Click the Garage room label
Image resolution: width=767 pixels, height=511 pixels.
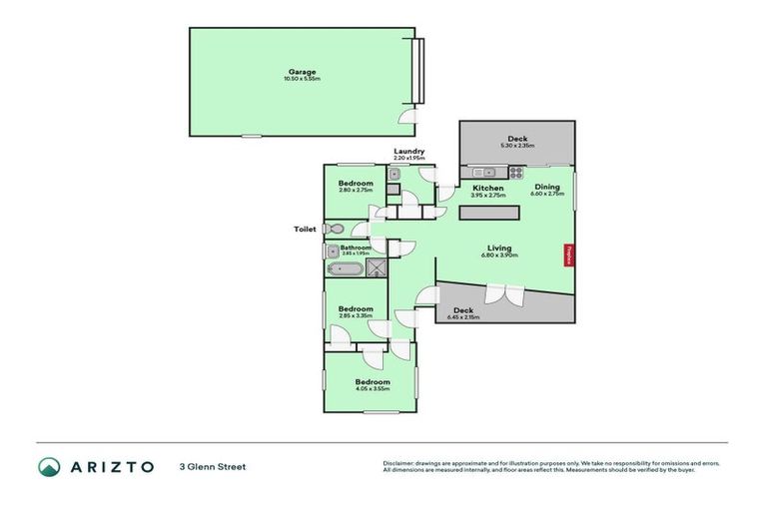click(x=303, y=72)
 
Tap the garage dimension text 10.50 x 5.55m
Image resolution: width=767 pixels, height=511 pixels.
click(x=303, y=80)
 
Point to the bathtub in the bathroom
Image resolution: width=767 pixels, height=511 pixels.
click(x=343, y=267)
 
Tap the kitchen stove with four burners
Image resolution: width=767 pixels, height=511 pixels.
click(x=515, y=171)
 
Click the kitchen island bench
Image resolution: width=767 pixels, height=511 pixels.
click(x=489, y=213)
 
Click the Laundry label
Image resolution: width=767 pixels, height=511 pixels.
click(x=408, y=151)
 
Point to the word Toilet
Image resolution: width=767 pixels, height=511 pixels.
click(x=305, y=229)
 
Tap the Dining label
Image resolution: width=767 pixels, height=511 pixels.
click(x=547, y=187)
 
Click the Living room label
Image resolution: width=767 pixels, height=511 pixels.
click(x=499, y=248)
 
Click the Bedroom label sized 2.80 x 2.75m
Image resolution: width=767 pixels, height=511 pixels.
click(x=356, y=183)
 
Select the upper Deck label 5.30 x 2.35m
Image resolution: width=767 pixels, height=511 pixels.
click(x=516, y=139)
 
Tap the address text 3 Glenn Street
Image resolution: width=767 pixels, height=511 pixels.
click(x=212, y=466)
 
